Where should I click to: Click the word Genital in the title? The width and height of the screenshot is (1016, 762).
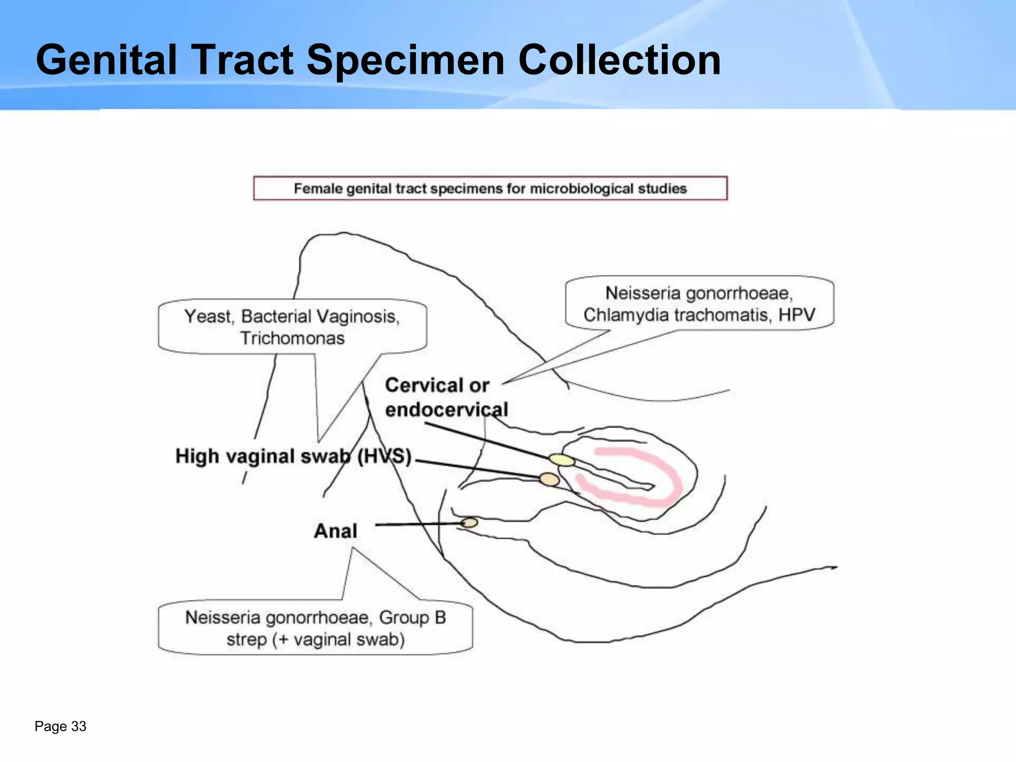[106, 60]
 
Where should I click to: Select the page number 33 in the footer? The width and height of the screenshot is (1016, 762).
[79, 726]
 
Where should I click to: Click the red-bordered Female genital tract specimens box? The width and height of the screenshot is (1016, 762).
[490, 189]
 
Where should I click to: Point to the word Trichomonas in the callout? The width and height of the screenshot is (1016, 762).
[292, 338]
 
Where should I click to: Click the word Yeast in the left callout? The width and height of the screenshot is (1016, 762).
[207, 317]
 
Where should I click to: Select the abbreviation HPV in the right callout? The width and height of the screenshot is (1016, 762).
[797, 315]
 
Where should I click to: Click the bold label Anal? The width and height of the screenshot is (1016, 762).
[335, 531]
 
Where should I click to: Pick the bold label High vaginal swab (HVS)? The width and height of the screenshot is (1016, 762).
[293, 456]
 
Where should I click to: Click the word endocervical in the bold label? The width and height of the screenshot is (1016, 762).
[446, 410]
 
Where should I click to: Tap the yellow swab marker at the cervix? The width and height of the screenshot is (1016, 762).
[562, 460]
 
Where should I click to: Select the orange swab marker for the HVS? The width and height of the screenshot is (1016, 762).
[549, 479]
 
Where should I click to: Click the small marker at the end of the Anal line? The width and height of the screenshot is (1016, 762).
[469, 522]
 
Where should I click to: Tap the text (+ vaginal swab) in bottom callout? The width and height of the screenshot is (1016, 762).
[341, 639]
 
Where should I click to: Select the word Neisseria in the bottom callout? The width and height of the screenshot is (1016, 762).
[223, 618]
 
